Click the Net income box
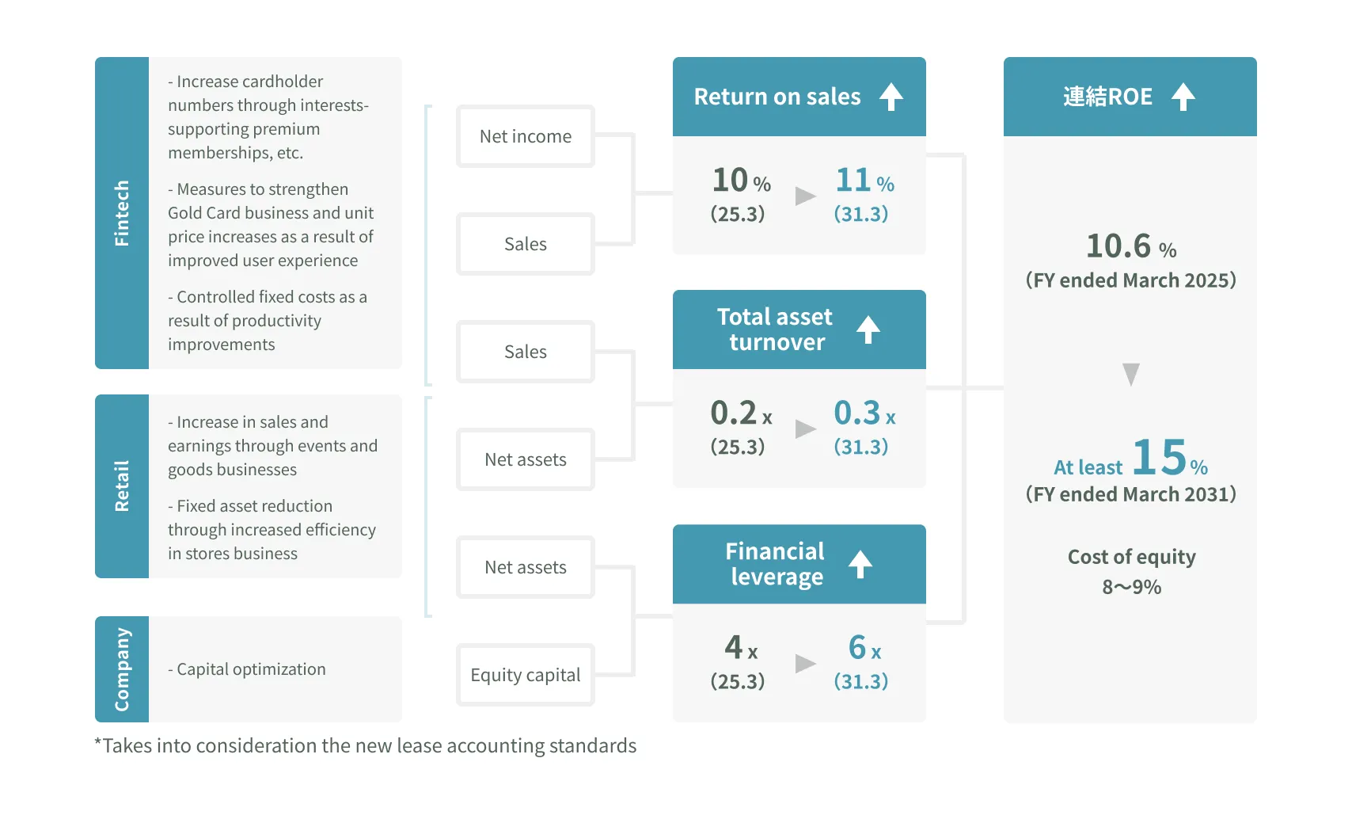tap(526, 136)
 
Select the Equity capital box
tap(526, 675)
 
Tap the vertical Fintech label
tap(122, 213)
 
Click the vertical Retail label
tap(122, 486)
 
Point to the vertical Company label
tap(122, 669)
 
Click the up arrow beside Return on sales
tap(891, 97)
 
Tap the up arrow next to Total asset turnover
tap(868, 329)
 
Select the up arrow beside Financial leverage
tap(860, 564)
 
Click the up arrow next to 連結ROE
tap(1183, 97)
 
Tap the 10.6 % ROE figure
tap(1130, 246)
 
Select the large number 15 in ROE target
tap(1159, 457)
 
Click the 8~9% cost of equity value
tap(1131, 587)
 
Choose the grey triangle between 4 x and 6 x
tap(805, 663)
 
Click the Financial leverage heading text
tap(776, 564)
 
